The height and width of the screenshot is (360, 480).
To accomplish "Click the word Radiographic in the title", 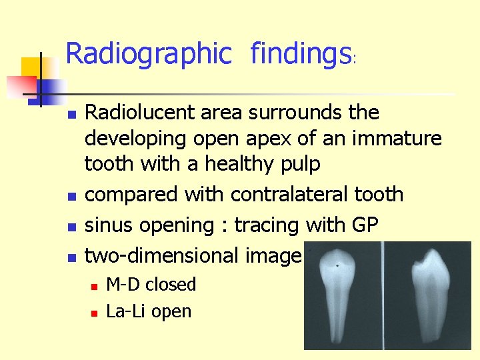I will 147,54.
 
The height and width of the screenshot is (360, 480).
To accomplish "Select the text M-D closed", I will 151,285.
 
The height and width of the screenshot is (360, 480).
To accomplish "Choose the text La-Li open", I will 149,311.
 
